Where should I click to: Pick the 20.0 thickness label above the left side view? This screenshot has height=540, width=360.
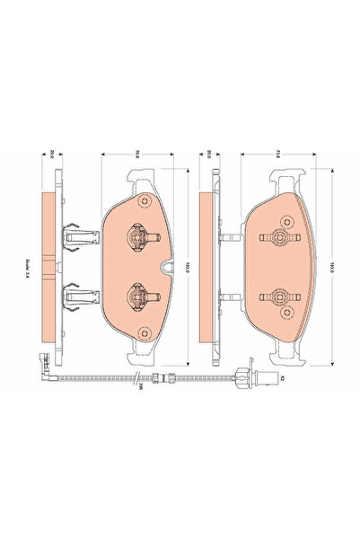pos(54,154)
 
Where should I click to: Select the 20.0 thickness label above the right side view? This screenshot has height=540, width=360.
pos(208,154)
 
